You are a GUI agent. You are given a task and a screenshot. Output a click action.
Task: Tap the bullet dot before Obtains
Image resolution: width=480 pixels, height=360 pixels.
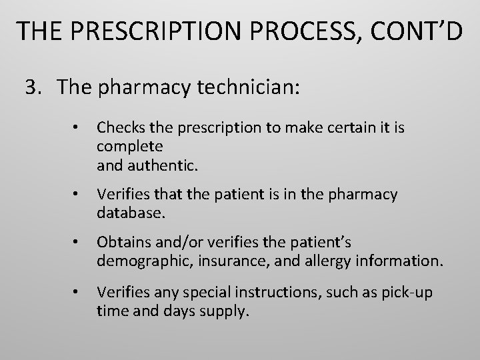coord(78,242)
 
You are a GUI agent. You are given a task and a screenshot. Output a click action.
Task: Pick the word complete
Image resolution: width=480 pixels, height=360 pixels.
coord(130,145)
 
